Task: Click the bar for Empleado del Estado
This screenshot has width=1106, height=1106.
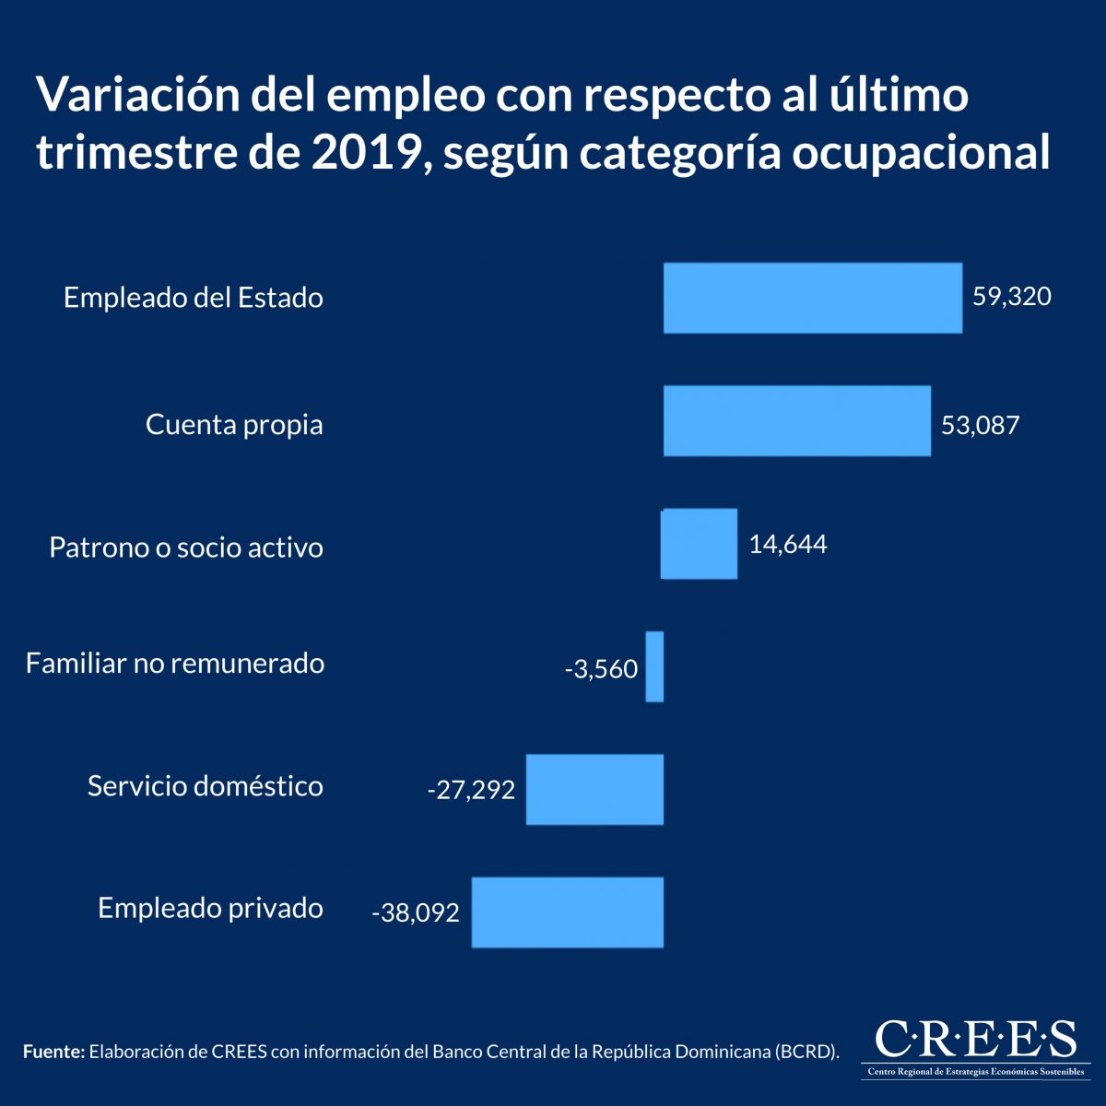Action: tap(812, 298)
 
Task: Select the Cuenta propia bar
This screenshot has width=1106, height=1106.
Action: tap(796, 421)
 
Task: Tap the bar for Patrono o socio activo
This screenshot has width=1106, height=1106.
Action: tap(700, 544)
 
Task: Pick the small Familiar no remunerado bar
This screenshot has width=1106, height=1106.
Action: tap(654, 666)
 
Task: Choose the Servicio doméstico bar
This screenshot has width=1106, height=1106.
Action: tap(594, 789)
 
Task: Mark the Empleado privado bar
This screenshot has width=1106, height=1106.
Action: tap(567, 912)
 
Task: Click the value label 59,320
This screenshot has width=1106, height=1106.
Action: tap(1011, 297)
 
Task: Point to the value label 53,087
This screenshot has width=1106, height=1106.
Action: tap(980, 425)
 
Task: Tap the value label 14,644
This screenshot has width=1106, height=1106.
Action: tap(787, 544)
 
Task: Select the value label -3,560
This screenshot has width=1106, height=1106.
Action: tap(601, 669)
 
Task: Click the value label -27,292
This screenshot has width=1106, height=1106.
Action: tap(471, 790)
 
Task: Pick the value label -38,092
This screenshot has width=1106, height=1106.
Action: tap(416, 913)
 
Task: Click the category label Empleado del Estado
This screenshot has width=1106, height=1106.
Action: tap(194, 298)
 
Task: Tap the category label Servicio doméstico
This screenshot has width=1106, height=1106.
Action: tap(206, 786)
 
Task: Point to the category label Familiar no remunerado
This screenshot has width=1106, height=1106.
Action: tap(175, 664)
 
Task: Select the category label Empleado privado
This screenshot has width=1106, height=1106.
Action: tap(210, 909)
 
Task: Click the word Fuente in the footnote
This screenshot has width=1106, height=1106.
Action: tap(53, 1052)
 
